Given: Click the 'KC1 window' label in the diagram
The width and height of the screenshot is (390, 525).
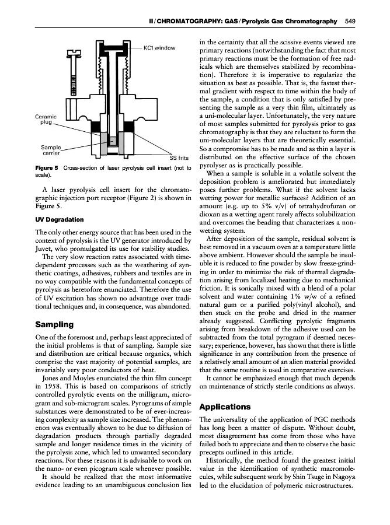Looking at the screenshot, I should click(159, 47).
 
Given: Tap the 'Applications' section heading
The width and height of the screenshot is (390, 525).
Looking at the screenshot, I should click(226, 407).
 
